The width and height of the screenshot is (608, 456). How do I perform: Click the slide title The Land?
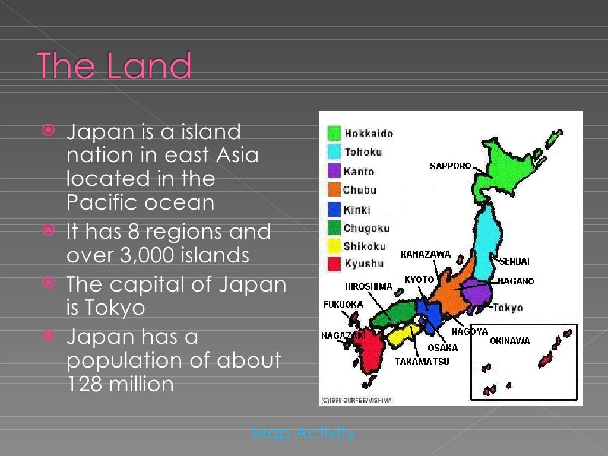[115, 66]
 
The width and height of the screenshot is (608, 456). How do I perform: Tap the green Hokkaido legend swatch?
[334, 133]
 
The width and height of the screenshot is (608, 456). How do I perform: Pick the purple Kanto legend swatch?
[334, 171]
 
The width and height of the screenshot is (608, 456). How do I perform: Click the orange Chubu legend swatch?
[334, 190]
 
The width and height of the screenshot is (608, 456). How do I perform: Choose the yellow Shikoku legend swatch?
[334, 246]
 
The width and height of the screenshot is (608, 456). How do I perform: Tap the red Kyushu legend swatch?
[334, 264]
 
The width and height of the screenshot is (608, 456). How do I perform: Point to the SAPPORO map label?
[451, 166]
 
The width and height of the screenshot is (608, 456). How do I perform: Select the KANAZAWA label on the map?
[426, 255]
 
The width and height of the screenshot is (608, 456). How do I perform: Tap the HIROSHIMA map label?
[369, 286]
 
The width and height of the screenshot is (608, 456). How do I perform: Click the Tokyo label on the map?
[508, 308]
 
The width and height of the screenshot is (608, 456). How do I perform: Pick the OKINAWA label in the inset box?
[510, 341]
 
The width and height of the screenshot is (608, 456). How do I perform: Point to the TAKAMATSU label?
[422, 361]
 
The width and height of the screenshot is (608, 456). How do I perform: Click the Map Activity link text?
[303, 433]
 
